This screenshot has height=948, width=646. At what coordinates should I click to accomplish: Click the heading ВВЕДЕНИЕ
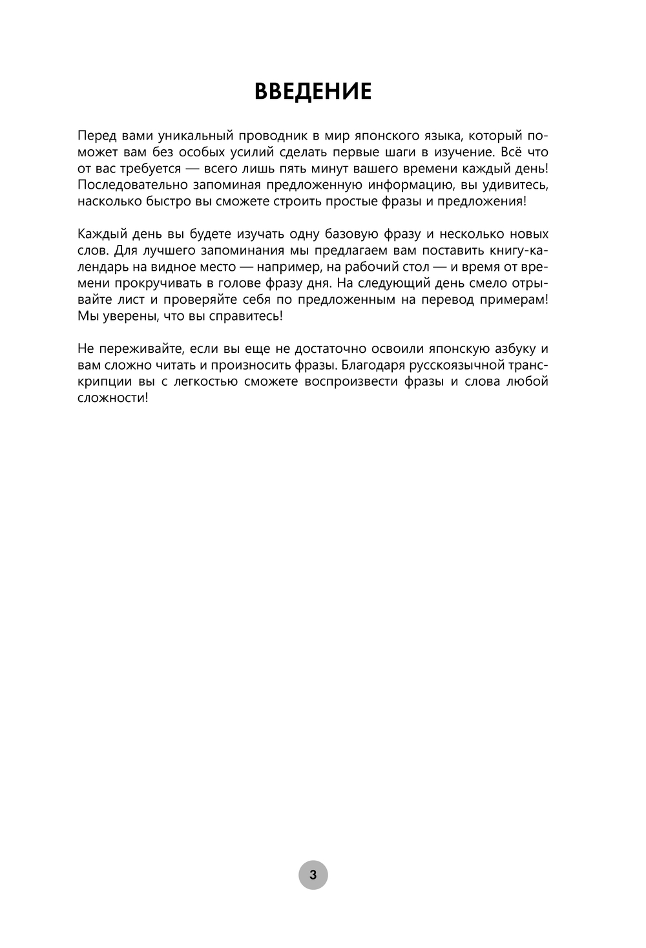[313, 91]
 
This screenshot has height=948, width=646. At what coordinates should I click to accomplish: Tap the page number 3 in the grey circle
[313, 876]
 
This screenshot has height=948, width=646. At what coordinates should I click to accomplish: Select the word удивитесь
[514, 185]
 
